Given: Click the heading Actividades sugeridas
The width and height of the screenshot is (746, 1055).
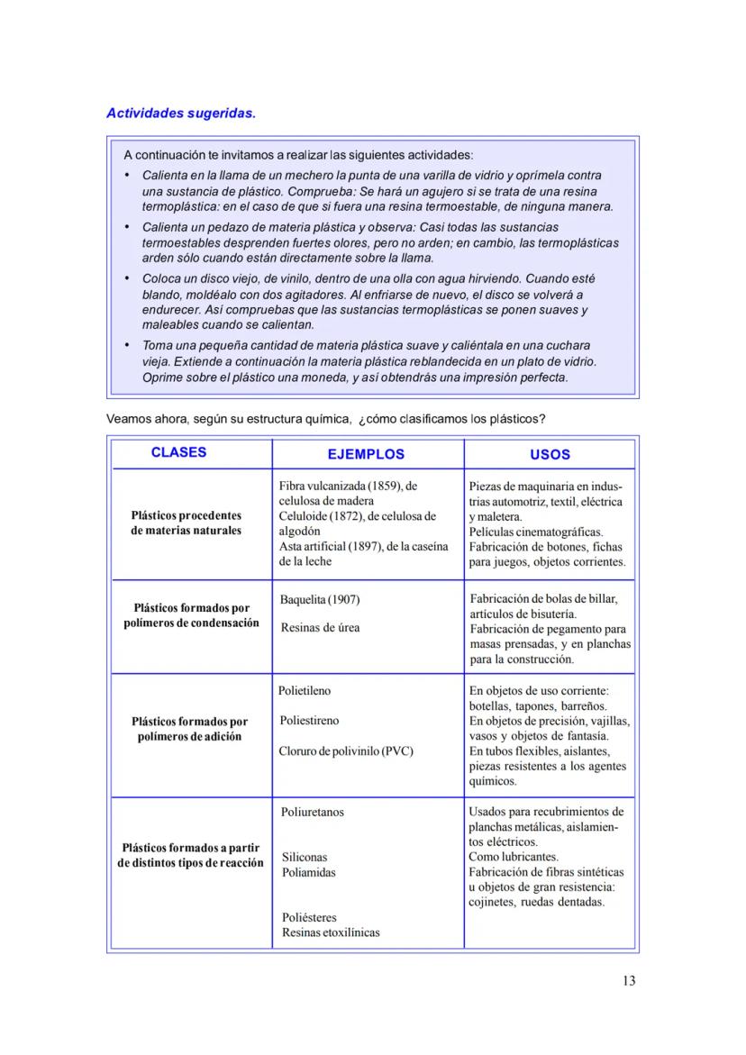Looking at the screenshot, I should (x=181, y=114).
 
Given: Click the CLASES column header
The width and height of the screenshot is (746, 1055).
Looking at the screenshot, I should (x=178, y=452).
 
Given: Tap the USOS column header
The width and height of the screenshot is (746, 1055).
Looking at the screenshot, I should (x=550, y=455).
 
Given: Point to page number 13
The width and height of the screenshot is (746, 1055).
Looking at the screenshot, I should (x=628, y=981).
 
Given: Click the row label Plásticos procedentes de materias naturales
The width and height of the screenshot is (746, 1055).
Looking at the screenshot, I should (x=186, y=523).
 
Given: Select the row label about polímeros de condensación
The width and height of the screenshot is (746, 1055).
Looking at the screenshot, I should (x=191, y=615).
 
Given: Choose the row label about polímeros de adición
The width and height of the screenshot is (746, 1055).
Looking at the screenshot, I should (x=189, y=729).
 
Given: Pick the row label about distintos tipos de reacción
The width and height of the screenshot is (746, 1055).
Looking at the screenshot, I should (x=190, y=855).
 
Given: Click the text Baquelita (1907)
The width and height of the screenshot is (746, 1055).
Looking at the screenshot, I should (x=320, y=600).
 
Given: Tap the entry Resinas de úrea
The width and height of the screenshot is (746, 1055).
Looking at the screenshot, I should (x=320, y=628).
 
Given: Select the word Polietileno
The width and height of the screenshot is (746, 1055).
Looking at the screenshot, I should (x=305, y=691).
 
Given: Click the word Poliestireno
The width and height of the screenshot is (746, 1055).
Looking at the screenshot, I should (x=309, y=721).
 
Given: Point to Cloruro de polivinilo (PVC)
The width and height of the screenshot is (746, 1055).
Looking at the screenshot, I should (x=346, y=751).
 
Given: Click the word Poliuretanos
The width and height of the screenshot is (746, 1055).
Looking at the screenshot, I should (x=313, y=812).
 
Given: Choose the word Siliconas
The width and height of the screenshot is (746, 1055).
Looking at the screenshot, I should (x=305, y=858).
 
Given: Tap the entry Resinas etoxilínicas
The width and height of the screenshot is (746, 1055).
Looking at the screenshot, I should (x=331, y=932).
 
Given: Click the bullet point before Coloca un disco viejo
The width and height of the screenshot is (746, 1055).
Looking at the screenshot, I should (x=127, y=279).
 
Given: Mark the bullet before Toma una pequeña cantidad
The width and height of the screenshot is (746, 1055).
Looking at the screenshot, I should (x=127, y=345).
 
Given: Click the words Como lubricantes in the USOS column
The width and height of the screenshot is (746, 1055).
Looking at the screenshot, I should (x=514, y=857).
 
